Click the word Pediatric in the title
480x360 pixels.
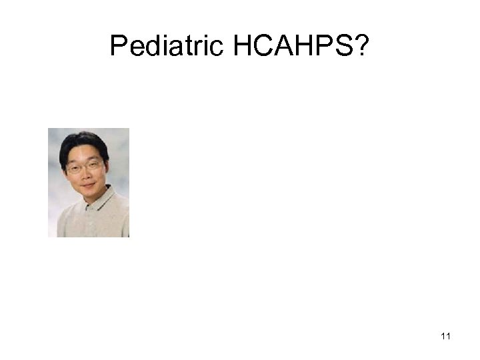(168, 47)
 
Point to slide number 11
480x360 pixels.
(445, 337)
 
